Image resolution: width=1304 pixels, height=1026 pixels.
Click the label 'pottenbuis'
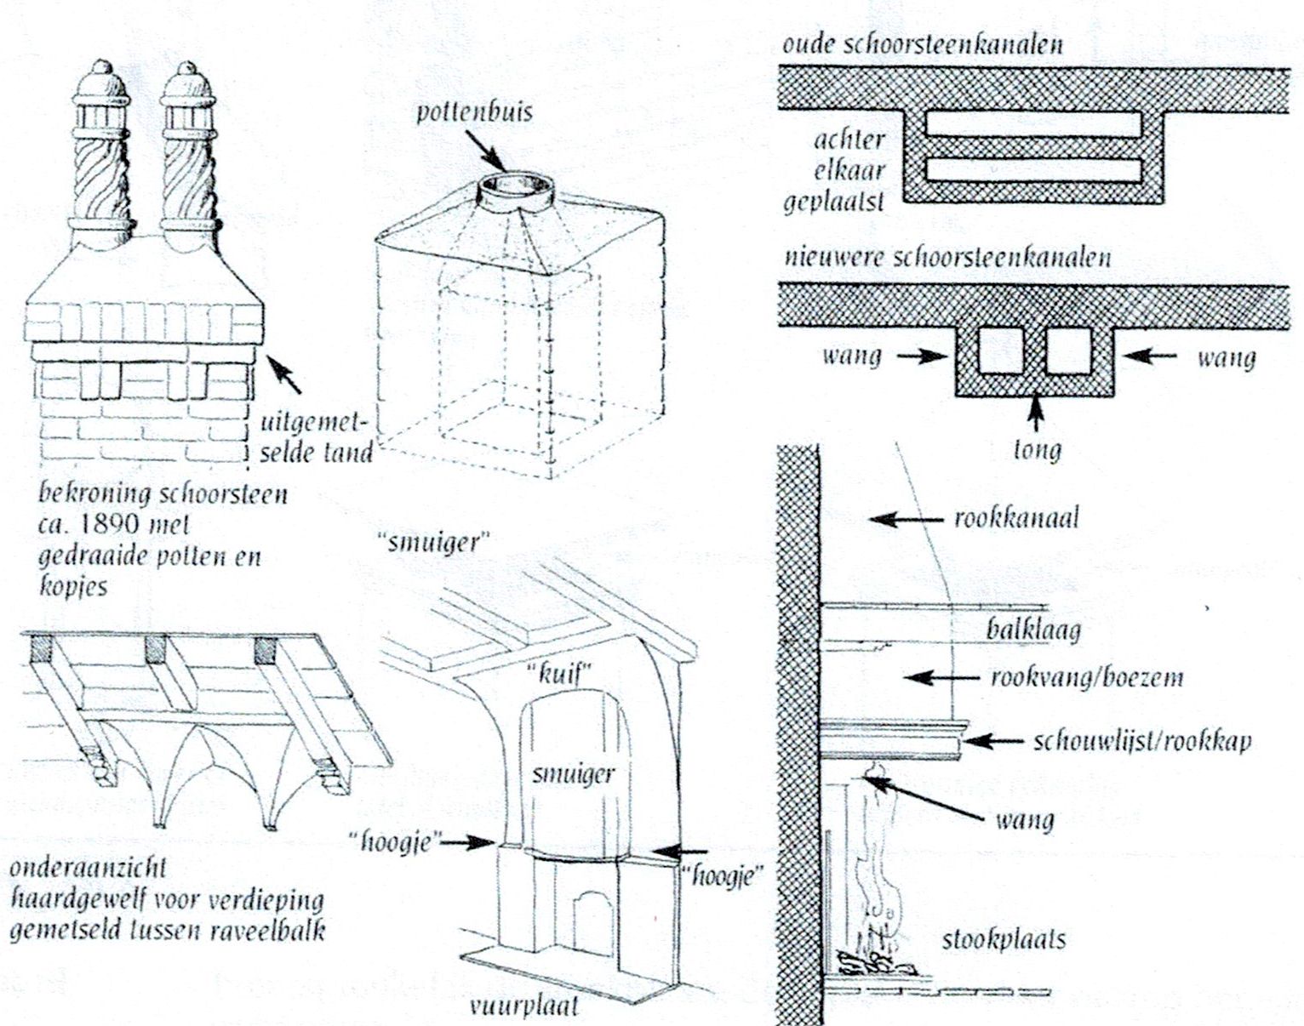point(473,113)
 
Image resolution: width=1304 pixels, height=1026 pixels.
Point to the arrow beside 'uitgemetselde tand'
point(285,374)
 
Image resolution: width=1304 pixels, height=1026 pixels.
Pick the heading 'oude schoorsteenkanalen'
point(922,45)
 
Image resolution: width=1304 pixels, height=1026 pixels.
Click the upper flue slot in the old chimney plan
point(1032,125)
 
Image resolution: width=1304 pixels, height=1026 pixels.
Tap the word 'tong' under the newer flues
point(1037,448)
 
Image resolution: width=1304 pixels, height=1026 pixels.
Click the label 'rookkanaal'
point(1015,518)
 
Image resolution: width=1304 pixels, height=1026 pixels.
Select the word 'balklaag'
point(1033,630)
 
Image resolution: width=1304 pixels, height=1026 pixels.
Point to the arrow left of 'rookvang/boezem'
point(941,678)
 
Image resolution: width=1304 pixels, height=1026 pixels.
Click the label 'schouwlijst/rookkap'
point(1141,741)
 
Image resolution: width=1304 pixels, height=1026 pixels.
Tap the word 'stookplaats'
point(1003,941)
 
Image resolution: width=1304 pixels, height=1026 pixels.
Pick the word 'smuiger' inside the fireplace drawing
point(572,773)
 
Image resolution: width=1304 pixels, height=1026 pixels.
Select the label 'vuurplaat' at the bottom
point(523,1007)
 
